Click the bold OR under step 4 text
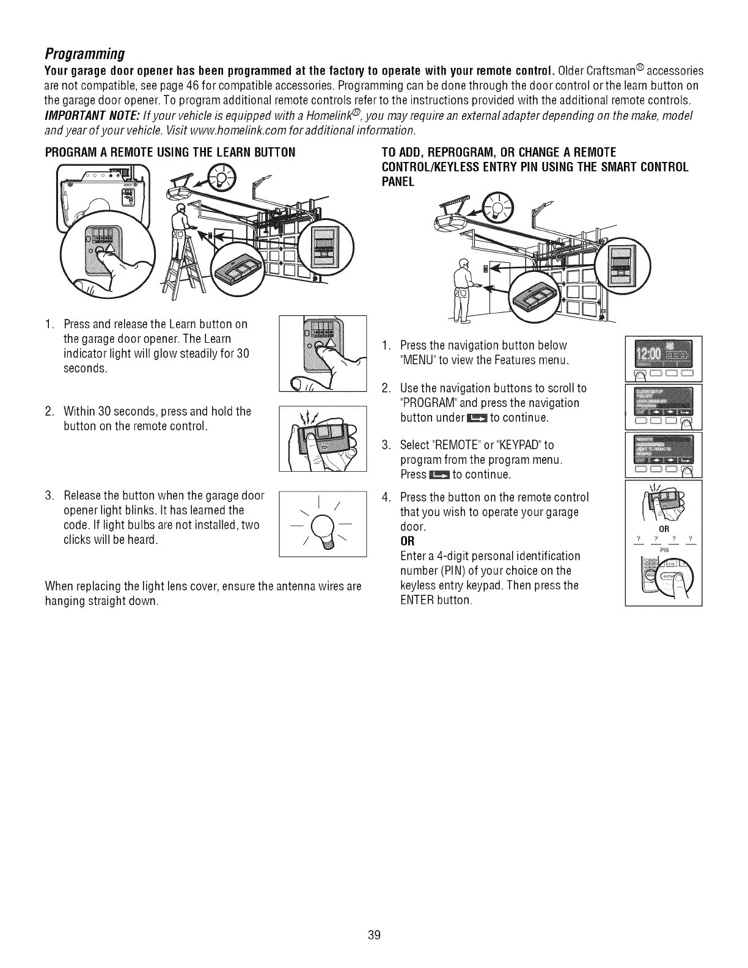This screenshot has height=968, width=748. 407,541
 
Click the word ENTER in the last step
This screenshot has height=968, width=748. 417,600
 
